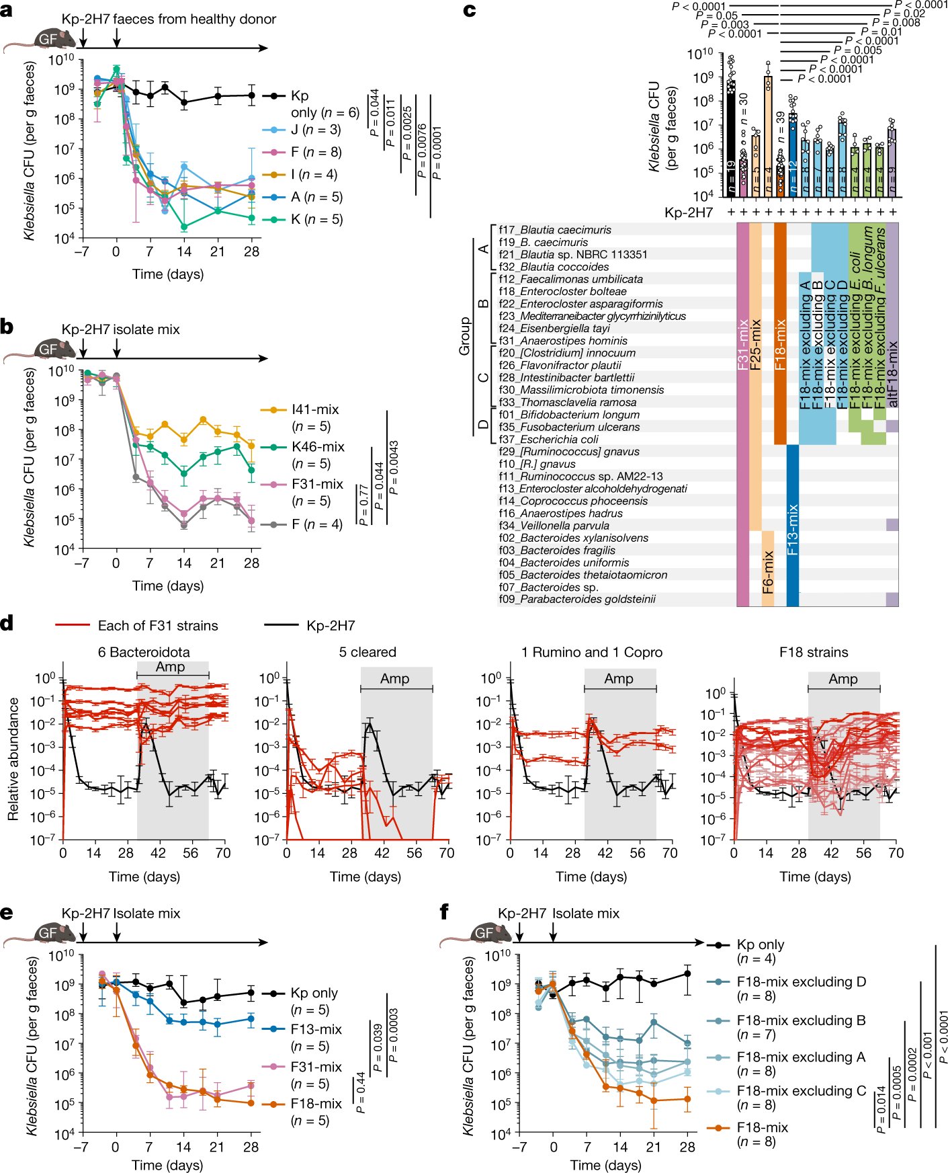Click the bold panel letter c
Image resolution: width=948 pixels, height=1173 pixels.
coord(470,11)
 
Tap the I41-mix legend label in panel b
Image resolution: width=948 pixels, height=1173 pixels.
coord(315,409)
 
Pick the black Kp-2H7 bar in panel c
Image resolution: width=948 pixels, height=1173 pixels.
coord(731,134)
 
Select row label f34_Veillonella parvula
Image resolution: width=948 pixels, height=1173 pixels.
coord(554,526)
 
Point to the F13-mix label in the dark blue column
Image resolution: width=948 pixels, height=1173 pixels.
coord(793,528)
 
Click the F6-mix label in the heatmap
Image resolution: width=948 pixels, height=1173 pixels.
coord(768,572)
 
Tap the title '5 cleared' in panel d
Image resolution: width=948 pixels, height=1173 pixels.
coord(367,652)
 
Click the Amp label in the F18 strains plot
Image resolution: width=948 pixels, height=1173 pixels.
coord(843,679)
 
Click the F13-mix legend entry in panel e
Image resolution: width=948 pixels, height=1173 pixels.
coord(316,1029)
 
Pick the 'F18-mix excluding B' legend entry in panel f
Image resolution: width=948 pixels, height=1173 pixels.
coord(801,1020)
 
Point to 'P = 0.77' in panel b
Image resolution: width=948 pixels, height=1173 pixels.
coord(364,505)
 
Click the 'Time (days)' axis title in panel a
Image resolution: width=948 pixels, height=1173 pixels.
coord(168,274)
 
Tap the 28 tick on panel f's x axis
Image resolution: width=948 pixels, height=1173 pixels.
coord(687,1147)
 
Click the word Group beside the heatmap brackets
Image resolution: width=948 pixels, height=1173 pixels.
coord(464,336)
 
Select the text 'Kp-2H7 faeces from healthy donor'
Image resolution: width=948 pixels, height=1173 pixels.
coord(169,19)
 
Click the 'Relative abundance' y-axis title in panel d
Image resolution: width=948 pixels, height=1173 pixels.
coord(13,758)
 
